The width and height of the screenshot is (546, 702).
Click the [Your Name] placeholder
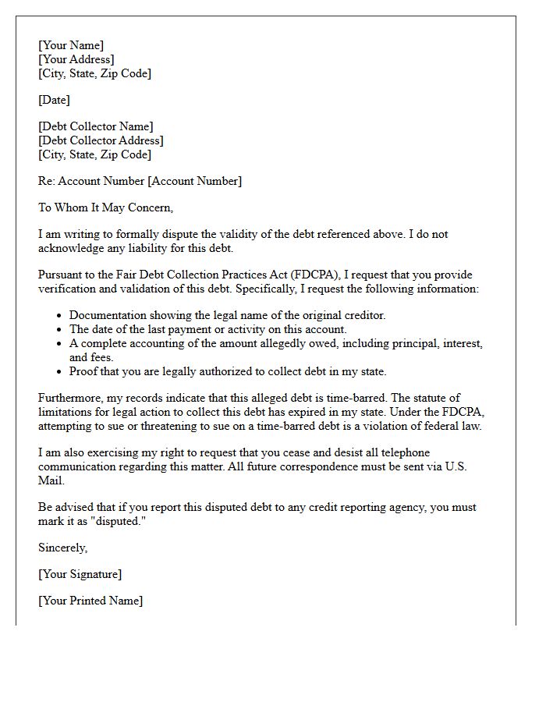(x=71, y=45)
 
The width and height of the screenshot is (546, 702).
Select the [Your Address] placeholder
(x=76, y=59)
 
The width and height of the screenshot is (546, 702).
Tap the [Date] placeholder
(x=54, y=100)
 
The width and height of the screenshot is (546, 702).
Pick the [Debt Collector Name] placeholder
(x=96, y=126)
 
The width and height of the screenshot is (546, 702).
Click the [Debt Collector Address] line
(x=101, y=140)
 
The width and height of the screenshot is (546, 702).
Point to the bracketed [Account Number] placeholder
(x=195, y=181)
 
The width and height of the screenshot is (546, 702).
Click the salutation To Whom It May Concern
(x=105, y=207)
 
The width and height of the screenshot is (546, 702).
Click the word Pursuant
(x=60, y=275)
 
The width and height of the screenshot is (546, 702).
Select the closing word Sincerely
(x=62, y=548)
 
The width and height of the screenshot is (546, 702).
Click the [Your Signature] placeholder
(x=80, y=574)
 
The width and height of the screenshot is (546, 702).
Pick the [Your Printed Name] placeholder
(x=90, y=601)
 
